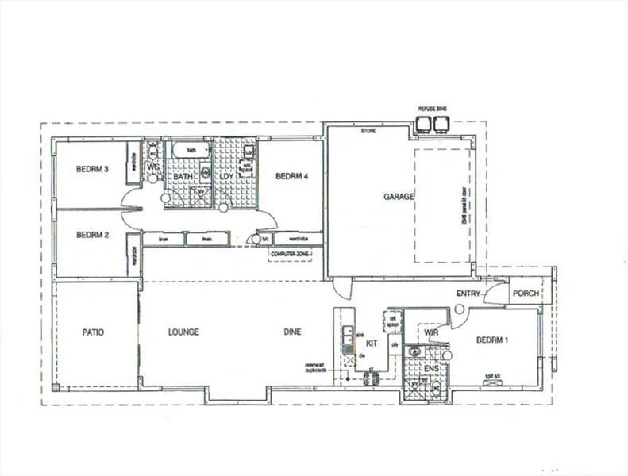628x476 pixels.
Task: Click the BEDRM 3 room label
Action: (92, 169)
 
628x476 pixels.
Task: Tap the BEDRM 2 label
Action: (92, 235)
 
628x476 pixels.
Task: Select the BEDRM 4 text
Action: (291, 176)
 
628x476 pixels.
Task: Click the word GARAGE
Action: (399, 198)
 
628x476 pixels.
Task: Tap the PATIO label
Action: (94, 332)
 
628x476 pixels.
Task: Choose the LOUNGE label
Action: (183, 332)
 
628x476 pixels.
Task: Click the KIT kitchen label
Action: (371, 343)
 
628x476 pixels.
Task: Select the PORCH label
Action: (526, 294)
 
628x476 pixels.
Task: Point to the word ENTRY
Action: (469, 294)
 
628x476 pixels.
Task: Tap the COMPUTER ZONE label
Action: (291, 254)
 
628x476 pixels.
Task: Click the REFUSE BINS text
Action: (433, 109)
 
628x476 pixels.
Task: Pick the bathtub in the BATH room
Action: (191, 150)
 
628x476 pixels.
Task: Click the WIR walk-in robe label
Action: (431, 333)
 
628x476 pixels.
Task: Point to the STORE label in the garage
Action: (368, 130)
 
